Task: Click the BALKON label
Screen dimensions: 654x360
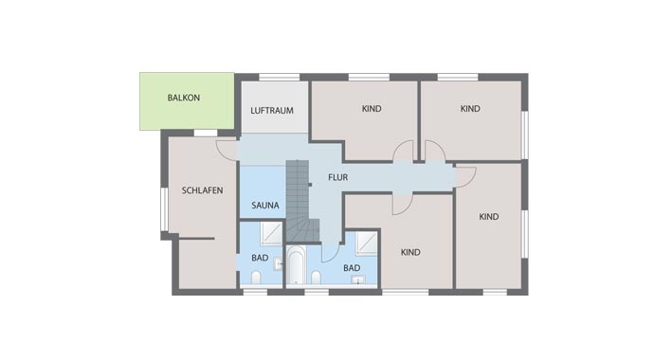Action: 184,98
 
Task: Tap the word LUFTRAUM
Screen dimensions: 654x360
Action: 272,111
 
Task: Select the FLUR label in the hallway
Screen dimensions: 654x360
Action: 337,177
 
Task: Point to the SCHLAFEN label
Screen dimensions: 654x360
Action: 202,190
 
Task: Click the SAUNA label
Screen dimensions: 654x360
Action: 265,206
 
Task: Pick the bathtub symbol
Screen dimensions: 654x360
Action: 296,265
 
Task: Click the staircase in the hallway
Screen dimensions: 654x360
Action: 301,201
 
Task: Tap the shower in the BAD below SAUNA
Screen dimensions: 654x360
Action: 271,233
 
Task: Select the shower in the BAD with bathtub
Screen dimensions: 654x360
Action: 366,243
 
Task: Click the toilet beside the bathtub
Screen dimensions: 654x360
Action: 317,278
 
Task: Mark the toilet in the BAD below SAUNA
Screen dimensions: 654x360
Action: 256,278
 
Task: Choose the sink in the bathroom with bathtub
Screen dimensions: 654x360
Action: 358,280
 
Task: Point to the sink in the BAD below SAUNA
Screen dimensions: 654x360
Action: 279,263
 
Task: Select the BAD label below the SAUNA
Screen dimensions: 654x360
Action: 260,258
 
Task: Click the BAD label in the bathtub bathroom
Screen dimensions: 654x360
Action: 352,268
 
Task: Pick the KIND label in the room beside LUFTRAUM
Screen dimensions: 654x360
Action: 372,109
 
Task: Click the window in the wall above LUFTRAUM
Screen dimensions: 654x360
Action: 280,77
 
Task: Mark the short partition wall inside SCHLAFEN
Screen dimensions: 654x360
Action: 196,239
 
